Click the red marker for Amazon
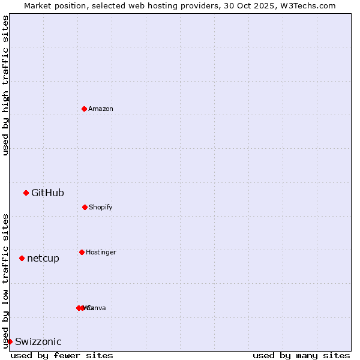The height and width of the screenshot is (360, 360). click(x=84, y=109)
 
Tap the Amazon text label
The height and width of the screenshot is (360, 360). click(x=101, y=109)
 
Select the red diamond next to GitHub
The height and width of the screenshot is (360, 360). click(x=26, y=193)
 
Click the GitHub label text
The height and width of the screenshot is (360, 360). click(x=47, y=193)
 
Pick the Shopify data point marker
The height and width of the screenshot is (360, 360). click(x=85, y=207)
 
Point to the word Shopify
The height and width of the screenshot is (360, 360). click(x=101, y=207)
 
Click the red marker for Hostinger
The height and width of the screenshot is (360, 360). click(x=82, y=252)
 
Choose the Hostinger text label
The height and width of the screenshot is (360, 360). click(x=101, y=252)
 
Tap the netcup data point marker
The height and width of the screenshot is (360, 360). click(x=22, y=258)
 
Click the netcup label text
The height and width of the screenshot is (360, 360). click(x=43, y=258)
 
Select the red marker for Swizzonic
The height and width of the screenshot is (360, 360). click(x=10, y=341)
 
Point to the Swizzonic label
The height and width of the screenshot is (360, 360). click(x=38, y=341)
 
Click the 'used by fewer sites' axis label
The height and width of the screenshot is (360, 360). click(x=62, y=355)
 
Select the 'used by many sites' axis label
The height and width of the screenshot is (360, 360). click(x=301, y=355)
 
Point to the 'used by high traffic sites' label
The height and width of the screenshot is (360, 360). click(x=5, y=85)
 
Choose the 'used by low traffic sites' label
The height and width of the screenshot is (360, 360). click(x=5, y=281)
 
